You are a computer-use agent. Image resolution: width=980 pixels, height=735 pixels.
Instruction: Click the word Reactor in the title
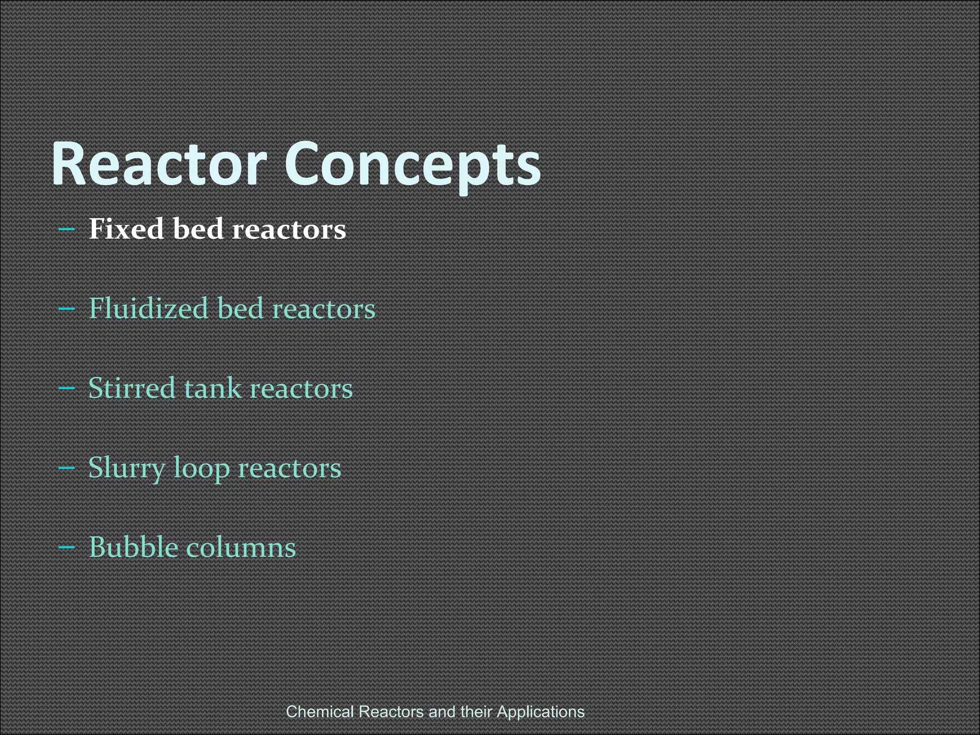coord(158,164)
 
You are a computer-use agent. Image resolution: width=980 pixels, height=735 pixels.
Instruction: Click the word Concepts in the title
coord(412,164)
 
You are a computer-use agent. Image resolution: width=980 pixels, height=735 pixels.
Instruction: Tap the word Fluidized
coord(148,308)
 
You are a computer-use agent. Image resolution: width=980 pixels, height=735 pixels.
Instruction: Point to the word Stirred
coord(132,388)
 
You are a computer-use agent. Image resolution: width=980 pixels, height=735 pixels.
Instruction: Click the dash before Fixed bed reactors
coord(67,229)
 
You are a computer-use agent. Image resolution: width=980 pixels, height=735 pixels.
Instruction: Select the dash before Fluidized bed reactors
coord(67,309)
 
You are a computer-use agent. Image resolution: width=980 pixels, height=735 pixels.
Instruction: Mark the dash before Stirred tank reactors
coord(67,389)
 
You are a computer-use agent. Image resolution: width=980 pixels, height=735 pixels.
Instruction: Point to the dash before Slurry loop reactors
coord(67,468)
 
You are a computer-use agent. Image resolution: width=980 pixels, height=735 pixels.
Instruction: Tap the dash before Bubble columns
coord(67,547)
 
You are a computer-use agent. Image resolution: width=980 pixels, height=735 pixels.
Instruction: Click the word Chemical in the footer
coord(320,712)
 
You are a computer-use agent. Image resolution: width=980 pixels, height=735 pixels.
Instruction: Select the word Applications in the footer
coord(541,712)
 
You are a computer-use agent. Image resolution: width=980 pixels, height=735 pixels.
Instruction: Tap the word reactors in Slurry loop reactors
coord(290,468)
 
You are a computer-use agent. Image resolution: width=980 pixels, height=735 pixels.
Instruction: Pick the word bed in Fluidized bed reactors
coord(241,308)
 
